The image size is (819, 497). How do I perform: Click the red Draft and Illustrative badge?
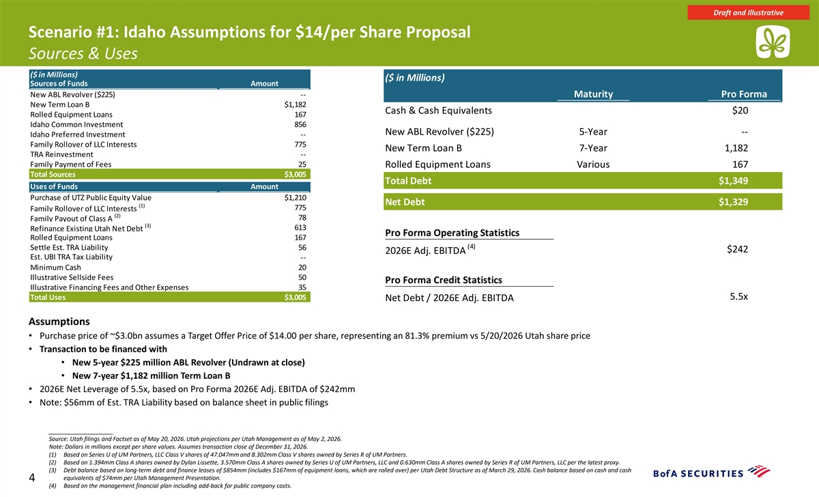[748, 12]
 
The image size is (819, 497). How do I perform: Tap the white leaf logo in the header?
[773, 42]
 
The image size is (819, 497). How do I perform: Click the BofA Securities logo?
[711, 472]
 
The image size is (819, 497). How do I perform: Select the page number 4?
[32, 478]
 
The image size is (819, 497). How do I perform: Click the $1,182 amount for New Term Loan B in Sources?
[295, 104]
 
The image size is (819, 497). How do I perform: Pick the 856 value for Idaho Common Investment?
[300, 124]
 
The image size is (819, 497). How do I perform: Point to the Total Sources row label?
[53, 175]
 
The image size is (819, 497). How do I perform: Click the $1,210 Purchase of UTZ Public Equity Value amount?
[295, 198]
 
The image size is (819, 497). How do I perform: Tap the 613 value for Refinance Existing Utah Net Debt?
[300, 227]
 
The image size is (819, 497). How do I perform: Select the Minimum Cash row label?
[55, 268]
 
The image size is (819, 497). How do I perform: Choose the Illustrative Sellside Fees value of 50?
[302, 277]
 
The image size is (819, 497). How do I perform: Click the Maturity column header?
[593, 94]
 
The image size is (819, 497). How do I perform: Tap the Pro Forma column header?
[744, 94]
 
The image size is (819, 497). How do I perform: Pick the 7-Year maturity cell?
[593, 148]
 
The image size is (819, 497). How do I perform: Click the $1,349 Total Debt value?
[734, 181]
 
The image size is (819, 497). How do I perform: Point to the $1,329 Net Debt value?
[734, 202]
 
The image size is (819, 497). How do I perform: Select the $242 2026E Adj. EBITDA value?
[738, 249]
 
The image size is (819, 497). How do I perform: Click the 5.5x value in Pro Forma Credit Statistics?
[739, 296]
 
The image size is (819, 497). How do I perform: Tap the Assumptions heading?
[59, 322]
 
